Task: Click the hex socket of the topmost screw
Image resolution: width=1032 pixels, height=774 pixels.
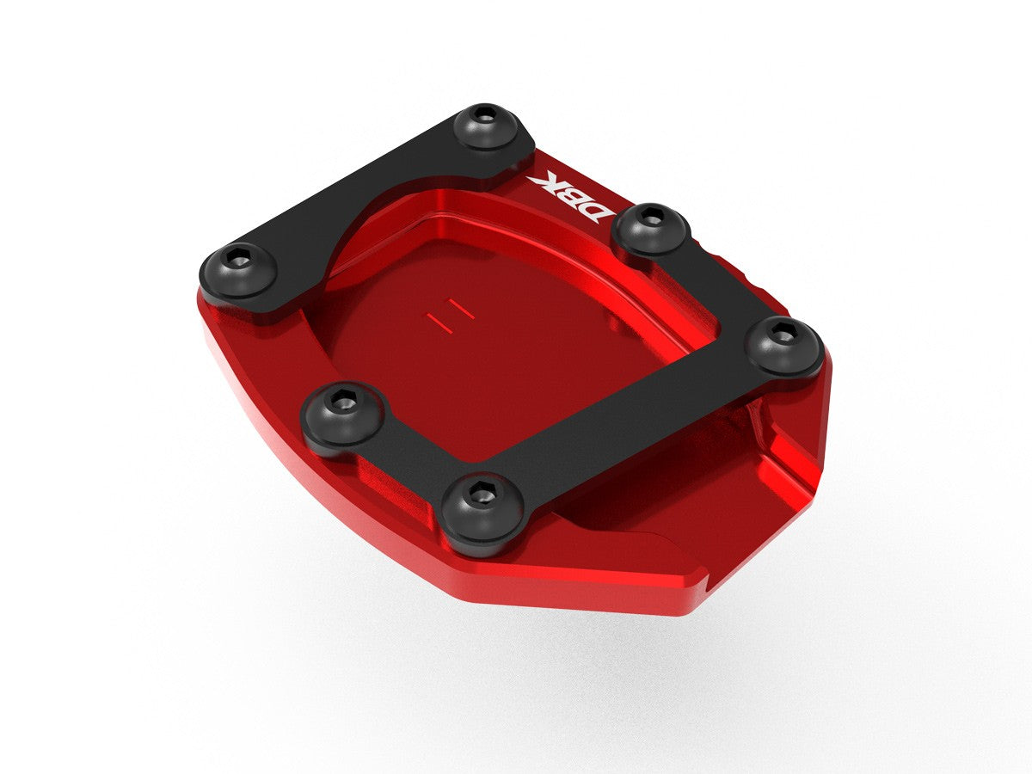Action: click(x=486, y=114)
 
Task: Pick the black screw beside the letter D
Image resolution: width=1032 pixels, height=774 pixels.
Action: click(x=654, y=225)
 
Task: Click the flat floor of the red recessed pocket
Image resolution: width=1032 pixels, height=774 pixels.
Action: click(x=482, y=361)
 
